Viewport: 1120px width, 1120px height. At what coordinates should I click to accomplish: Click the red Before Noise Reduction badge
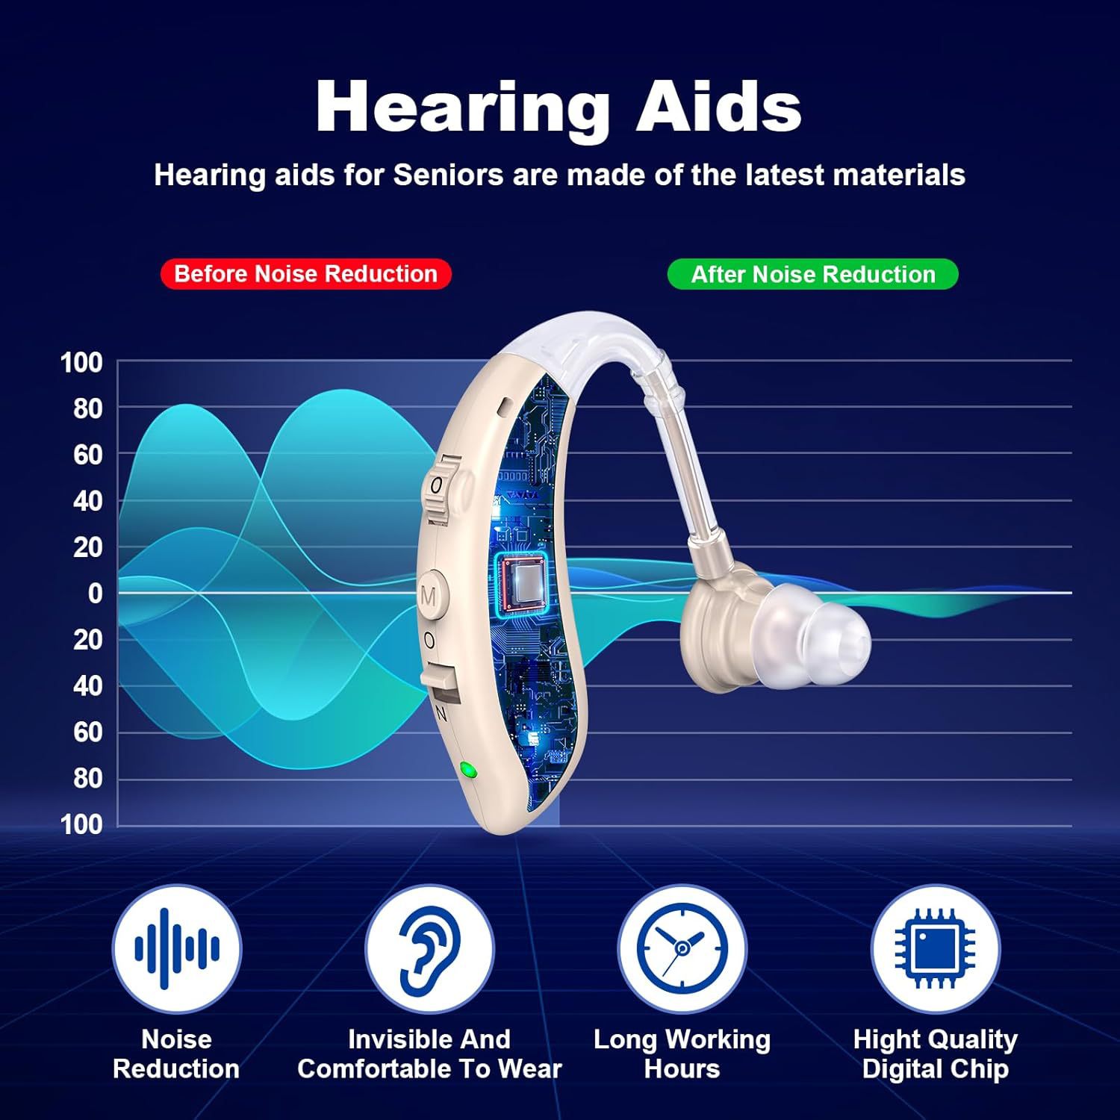(x=305, y=274)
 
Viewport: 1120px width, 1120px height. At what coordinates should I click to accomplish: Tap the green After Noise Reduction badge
(x=812, y=275)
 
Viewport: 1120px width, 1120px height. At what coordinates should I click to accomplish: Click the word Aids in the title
(x=718, y=108)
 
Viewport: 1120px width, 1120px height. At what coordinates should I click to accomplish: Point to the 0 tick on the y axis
(x=95, y=594)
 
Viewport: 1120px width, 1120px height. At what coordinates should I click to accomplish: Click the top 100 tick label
(x=81, y=363)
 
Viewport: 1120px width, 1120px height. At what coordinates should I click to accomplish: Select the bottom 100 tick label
(x=81, y=824)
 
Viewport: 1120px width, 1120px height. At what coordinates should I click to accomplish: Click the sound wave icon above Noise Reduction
(x=177, y=949)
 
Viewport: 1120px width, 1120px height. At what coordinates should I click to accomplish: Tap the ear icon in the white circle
(x=429, y=949)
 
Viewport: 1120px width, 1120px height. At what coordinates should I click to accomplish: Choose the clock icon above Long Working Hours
(x=682, y=949)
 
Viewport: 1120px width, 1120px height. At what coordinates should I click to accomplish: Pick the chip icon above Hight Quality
(x=935, y=949)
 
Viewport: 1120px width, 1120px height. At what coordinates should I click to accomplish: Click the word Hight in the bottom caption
(x=886, y=1040)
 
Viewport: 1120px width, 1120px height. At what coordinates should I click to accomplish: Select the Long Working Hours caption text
(x=682, y=1054)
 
